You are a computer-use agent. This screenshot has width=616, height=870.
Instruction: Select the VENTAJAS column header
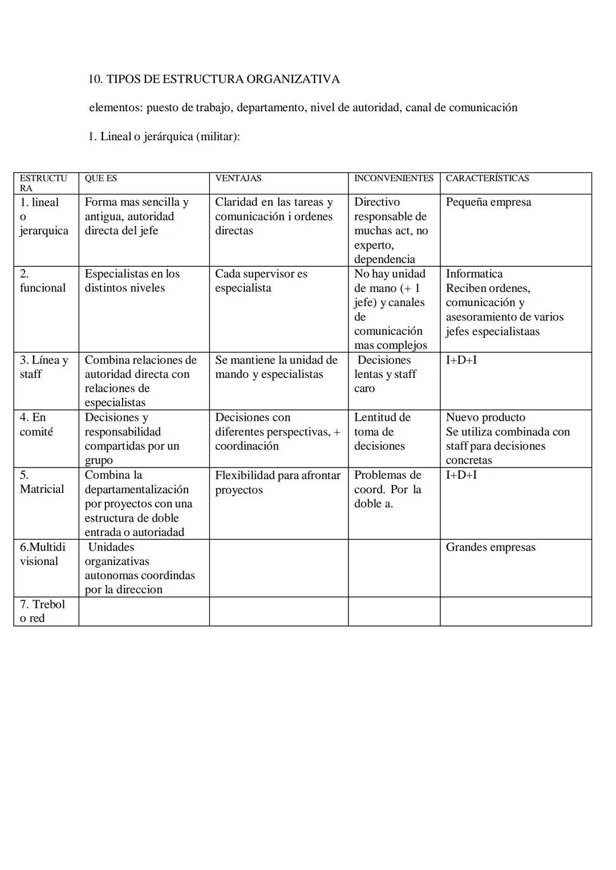coord(238,178)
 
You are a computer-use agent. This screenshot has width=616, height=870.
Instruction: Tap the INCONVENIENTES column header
coord(394,178)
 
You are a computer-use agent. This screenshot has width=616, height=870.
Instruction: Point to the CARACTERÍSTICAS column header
coord(487,178)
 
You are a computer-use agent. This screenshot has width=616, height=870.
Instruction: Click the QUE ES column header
coord(100,178)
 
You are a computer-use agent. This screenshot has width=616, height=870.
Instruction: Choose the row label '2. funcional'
coord(43,280)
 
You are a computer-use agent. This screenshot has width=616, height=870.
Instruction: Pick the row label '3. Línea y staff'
coord(43,367)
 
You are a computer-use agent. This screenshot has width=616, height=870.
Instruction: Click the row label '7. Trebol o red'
coord(42,611)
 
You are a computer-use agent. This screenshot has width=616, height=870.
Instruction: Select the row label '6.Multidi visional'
coord(42,554)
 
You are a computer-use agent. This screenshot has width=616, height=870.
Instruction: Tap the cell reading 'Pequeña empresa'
coord(488,202)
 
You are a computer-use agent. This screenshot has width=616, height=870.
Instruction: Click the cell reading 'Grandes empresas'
coord(491,547)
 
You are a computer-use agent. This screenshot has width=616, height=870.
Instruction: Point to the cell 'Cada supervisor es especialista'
coord(261,280)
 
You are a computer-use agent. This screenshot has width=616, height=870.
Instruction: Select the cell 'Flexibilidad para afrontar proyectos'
coord(277,482)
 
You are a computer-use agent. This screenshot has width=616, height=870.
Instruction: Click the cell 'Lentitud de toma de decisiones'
coord(382,432)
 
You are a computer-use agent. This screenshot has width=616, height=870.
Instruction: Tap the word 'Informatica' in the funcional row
coord(474,274)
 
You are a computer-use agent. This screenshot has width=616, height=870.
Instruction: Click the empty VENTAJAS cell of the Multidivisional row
coord(278,568)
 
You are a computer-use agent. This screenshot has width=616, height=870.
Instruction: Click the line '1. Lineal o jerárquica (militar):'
coord(164,137)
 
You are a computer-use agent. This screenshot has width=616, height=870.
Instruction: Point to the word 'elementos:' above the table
coord(116,108)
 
